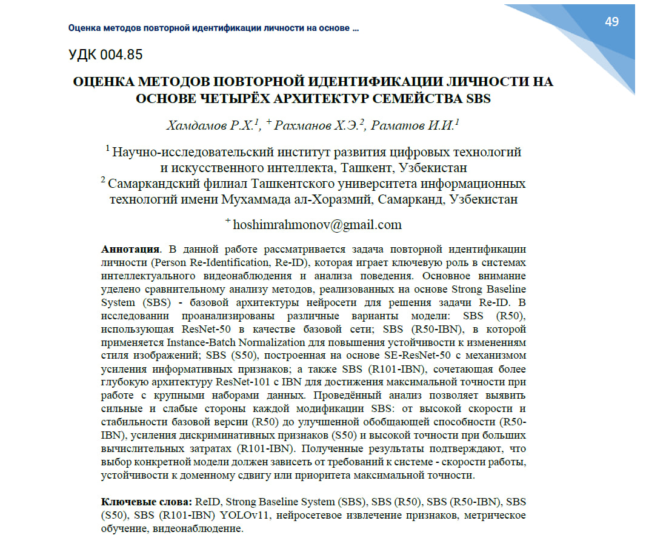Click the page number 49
611,22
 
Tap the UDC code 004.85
106,55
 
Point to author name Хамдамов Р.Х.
213,125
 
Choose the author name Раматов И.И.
414,125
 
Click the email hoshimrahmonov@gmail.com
317,224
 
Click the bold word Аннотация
130,249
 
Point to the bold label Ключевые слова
145,502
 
